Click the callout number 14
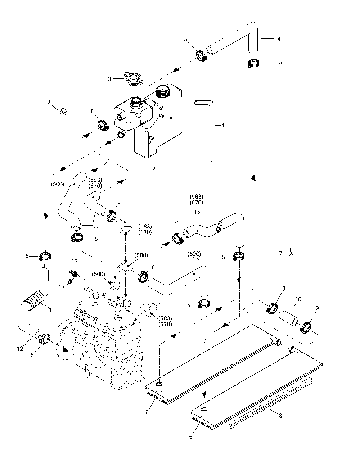click(277, 39)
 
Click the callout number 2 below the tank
click(154, 169)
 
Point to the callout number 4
click(223, 125)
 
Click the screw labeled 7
click(291, 252)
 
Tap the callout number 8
click(280, 416)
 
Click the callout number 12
click(20, 349)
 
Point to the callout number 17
click(62, 287)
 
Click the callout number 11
click(96, 229)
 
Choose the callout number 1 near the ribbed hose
click(50, 310)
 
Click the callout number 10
click(298, 299)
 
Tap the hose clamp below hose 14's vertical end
click(253, 64)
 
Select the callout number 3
click(109, 79)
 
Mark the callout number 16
click(75, 261)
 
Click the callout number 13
click(47, 101)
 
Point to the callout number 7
click(280, 254)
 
